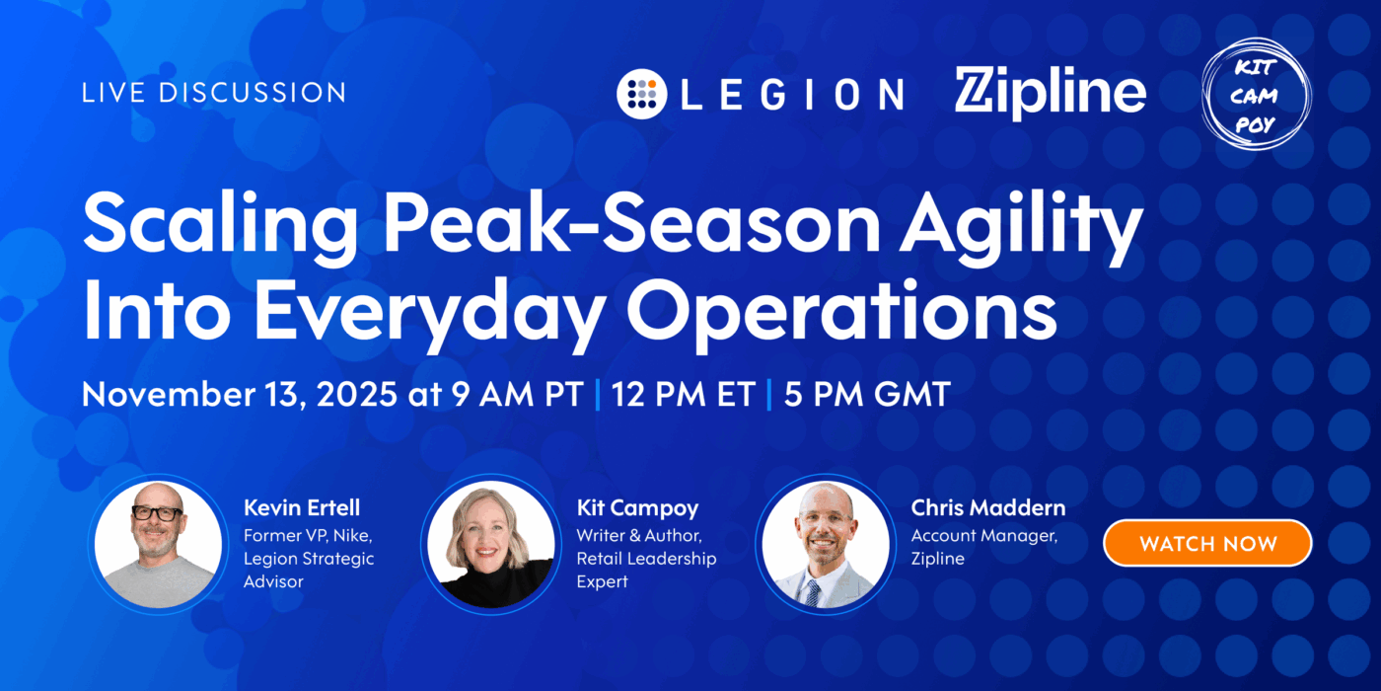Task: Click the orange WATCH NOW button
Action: (1207, 543)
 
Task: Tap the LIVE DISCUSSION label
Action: (214, 94)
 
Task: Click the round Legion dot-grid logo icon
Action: (643, 93)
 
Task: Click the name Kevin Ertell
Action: (302, 508)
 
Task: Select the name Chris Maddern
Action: (987, 508)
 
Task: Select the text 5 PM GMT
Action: (866, 394)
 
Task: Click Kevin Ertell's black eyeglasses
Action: (157, 514)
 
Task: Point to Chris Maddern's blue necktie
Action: (812, 591)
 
